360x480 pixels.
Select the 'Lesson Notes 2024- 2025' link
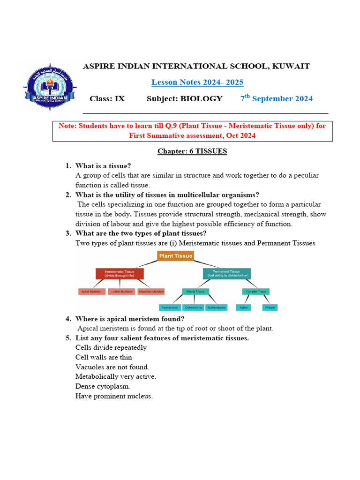pyautogui.click(x=197, y=82)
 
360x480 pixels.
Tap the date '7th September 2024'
pyautogui.click(x=277, y=98)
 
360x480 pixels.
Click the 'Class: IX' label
pyautogui.click(x=107, y=99)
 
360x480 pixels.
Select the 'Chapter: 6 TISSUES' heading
pyautogui.click(x=192, y=151)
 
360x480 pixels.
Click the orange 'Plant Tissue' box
pyautogui.click(x=175, y=256)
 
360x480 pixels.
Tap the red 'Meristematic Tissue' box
pyautogui.click(x=120, y=273)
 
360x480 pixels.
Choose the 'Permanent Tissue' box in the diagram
pyautogui.click(x=226, y=273)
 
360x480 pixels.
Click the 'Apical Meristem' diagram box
pyautogui.click(x=92, y=292)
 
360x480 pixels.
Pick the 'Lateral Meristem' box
pyautogui.click(x=121, y=292)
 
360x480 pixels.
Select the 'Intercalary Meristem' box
pyautogui.click(x=151, y=292)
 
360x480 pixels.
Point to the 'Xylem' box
pyautogui.click(x=243, y=307)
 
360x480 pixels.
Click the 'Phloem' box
pyautogui.click(x=270, y=307)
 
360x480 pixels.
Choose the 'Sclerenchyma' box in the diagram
pyautogui.click(x=217, y=307)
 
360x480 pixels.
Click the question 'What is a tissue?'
pyautogui.click(x=103, y=165)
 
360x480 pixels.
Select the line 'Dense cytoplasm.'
pyautogui.click(x=103, y=386)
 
